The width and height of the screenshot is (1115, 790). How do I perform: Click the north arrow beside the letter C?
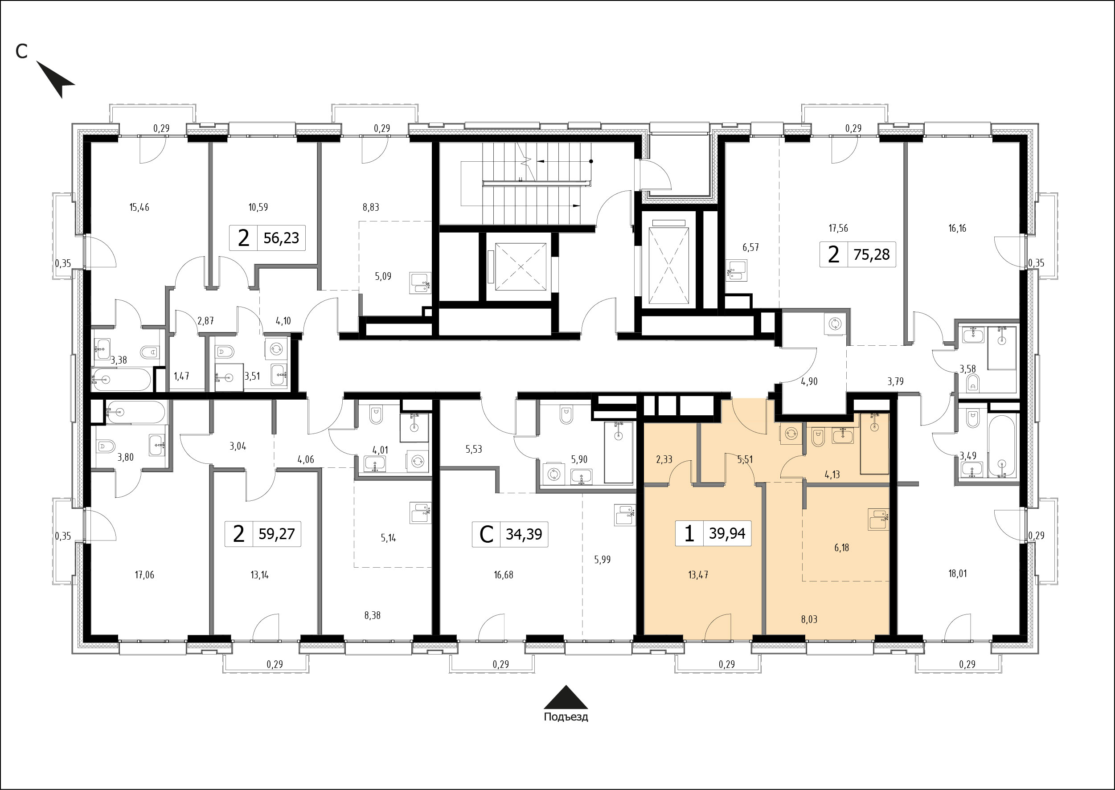tap(55, 79)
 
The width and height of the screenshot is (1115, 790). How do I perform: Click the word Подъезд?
tap(566, 717)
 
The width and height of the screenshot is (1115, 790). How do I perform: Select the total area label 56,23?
tap(281, 238)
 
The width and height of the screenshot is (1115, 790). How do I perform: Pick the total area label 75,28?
tap(871, 254)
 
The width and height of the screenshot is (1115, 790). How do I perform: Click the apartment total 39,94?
tap(727, 533)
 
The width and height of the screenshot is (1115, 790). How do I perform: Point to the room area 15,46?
tap(139, 207)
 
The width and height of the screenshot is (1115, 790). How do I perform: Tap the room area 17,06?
tap(144, 575)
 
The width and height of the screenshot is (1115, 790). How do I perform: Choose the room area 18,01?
tap(957, 573)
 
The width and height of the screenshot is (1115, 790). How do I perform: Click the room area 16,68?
tap(503, 575)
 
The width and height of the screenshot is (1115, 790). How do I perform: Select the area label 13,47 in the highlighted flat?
tap(698, 575)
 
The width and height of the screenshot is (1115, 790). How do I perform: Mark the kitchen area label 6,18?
tap(842, 548)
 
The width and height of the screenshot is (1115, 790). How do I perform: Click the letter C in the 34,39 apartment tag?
tap(486, 534)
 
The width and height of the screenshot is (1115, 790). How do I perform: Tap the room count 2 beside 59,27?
tap(238, 534)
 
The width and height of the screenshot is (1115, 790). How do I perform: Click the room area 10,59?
tap(258, 207)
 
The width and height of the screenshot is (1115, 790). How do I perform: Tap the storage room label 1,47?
tap(181, 376)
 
